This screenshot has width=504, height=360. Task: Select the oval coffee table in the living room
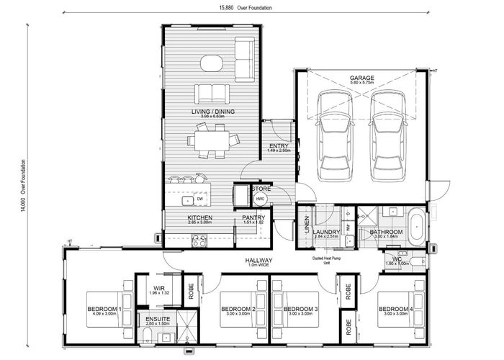[212, 63]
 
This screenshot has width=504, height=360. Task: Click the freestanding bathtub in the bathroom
[416, 225]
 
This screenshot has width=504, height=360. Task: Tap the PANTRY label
[253, 217]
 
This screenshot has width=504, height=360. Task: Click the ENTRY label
[279, 145]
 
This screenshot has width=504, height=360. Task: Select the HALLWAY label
[258, 260]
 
